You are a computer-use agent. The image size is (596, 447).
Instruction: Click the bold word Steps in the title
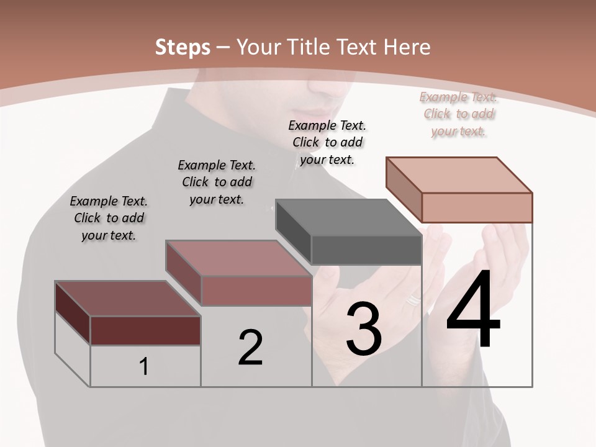point(183,47)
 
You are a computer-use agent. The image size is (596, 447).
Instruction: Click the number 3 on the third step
point(364,329)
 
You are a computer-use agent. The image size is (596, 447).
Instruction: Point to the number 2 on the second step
point(251,348)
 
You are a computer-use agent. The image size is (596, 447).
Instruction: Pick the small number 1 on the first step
point(144,367)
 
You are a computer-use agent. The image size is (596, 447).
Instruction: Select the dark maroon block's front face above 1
point(145,330)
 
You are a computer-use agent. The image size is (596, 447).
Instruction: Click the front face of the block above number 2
point(256,291)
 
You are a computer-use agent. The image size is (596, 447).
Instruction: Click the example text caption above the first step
point(109,218)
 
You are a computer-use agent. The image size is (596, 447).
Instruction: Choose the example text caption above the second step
point(217,182)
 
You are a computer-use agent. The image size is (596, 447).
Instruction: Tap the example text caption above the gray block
point(327,142)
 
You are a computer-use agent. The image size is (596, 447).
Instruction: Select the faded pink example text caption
point(459,114)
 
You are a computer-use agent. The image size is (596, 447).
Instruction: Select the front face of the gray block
point(366,250)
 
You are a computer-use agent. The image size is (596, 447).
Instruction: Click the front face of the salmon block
point(477,207)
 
